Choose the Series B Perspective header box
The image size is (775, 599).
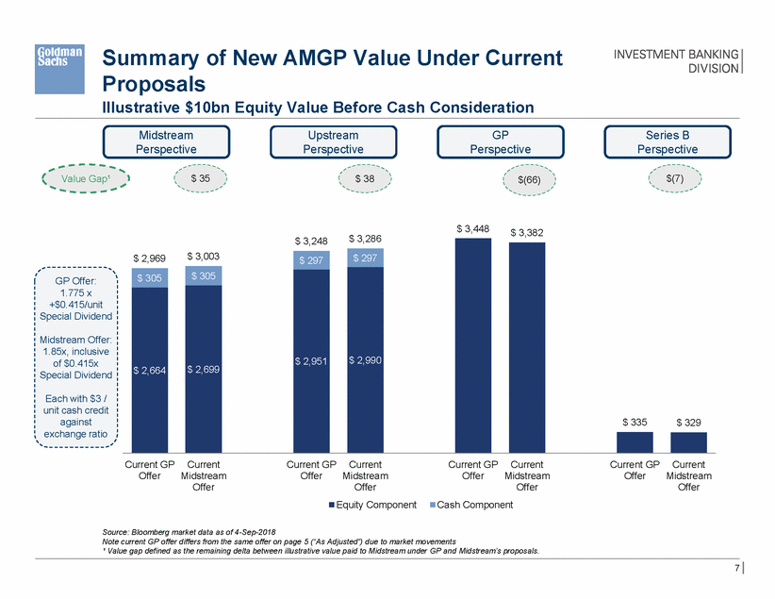pyautogui.click(x=667, y=141)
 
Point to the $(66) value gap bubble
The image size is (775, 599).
pyautogui.click(x=529, y=177)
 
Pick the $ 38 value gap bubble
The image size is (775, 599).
pyautogui.click(x=364, y=177)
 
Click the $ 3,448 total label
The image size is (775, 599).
pyautogui.click(x=472, y=228)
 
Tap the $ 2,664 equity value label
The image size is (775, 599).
pyautogui.click(x=149, y=371)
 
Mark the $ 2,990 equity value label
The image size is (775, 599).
pyautogui.click(x=365, y=359)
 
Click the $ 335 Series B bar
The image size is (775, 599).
pyautogui.click(x=635, y=441)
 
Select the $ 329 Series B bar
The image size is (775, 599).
pyautogui.click(x=689, y=441)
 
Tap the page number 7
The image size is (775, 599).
pyautogui.click(x=734, y=569)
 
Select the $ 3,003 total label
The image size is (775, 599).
pyautogui.click(x=203, y=256)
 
